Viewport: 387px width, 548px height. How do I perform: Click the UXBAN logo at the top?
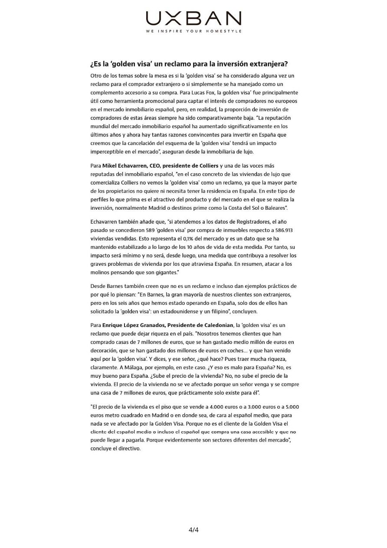coord(193,18)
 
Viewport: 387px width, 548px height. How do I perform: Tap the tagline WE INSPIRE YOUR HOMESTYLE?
coord(193,31)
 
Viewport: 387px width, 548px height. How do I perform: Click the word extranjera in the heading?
coord(270,64)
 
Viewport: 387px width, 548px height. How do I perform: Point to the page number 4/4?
coord(193,530)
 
